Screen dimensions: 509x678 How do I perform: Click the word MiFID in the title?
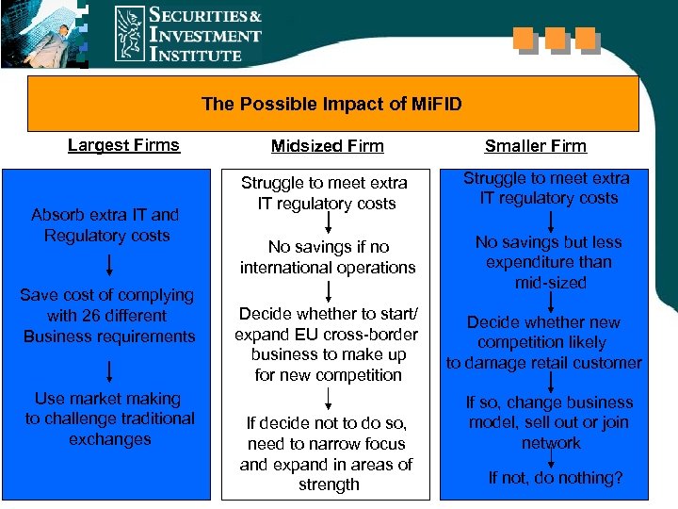(x=437, y=104)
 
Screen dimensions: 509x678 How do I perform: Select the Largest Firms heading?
(x=123, y=145)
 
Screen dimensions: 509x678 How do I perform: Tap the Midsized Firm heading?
(x=327, y=146)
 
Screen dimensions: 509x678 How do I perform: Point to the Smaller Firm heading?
(x=535, y=146)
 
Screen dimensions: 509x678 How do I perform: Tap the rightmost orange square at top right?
(x=585, y=39)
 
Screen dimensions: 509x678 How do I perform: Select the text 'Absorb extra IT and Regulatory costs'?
(x=106, y=225)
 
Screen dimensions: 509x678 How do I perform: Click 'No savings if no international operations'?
(x=328, y=257)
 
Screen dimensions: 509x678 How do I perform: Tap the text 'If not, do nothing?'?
(x=556, y=478)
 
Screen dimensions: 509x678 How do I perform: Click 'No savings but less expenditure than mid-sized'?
(x=550, y=262)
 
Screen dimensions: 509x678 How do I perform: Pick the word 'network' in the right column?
(x=551, y=443)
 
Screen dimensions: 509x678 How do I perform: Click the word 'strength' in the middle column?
(x=329, y=484)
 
